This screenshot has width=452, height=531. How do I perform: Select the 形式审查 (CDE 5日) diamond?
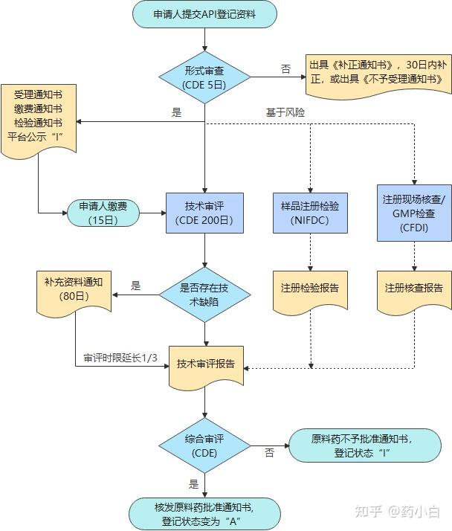click(x=204, y=77)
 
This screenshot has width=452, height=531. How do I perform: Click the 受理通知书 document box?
click(x=38, y=119)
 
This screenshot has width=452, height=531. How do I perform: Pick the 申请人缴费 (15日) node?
click(x=103, y=213)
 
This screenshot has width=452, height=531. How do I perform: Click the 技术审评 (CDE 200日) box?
click(x=204, y=213)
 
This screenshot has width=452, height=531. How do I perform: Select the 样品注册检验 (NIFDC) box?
click(x=311, y=213)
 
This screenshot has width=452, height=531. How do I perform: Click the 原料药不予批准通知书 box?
click(x=362, y=445)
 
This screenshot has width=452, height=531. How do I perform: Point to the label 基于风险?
click(x=285, y=112)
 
